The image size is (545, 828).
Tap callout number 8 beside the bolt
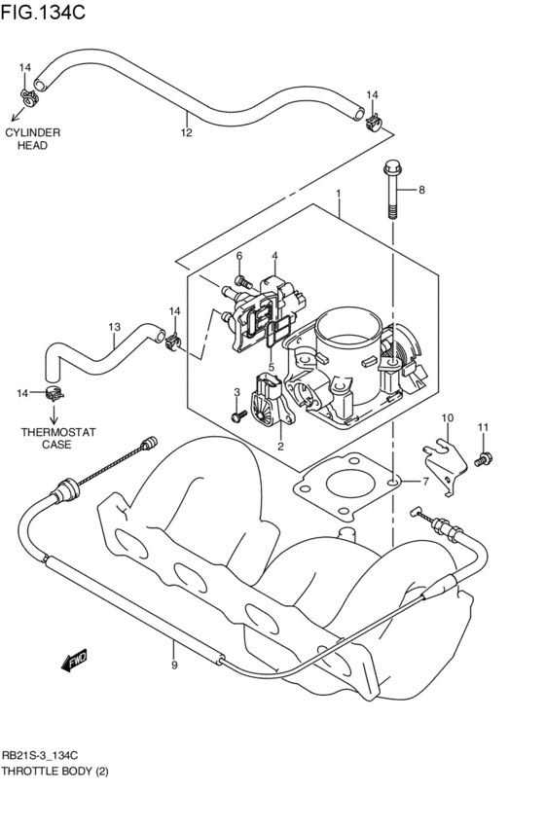[x=422, y=190]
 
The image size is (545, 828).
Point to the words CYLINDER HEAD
[x=32, y=138]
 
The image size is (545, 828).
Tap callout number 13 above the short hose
[x=114, y=327]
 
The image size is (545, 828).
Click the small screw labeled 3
[x=237, y=416]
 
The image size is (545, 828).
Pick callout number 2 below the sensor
[x=279, y=447]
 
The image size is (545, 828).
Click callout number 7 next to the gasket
[x=424, y=482]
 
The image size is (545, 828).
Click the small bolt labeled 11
[x=480, y=457]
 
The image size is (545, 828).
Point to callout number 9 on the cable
[x=174, y=666]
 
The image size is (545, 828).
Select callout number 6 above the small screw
[x=238, y=256]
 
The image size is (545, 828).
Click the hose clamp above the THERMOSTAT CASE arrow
[x=55, y=393]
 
